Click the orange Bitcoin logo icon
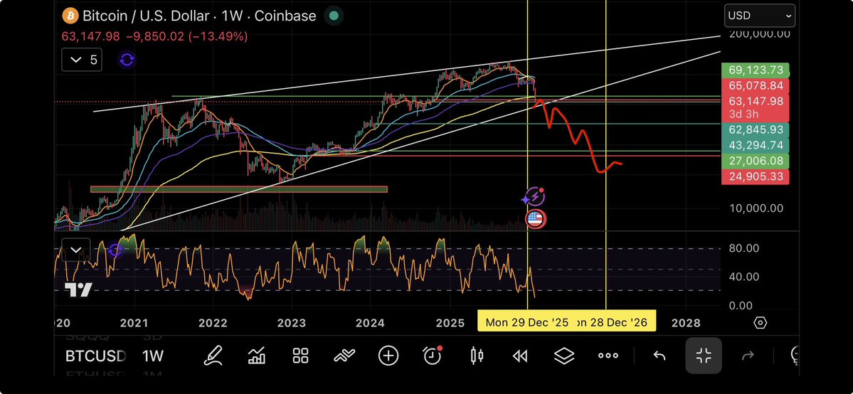[70, 16]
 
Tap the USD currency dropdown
[759, 16]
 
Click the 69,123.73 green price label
[756, 70]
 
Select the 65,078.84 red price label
[756, 86]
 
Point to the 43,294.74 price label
[756, 145]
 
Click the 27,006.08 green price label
[756, 161]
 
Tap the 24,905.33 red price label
[756, 176]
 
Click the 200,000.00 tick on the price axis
[759, 33]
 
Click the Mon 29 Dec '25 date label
[526, 322]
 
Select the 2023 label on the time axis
[291, 323]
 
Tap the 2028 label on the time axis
[686, 323]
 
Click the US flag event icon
[535, 218]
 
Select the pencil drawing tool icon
[212, 356]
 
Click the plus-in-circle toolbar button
[388, 356]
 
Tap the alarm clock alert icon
[432, 356]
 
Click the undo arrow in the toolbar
[659, 356]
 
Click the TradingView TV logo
[78, 289]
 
